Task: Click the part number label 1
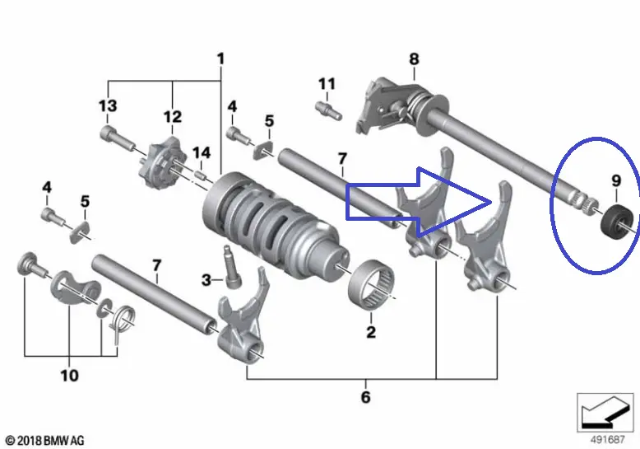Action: coord(220,58)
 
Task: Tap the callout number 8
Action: coord(414,58)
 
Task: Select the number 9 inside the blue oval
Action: coord(615,180)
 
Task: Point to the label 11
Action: coord(327,84)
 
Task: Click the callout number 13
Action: coord(108,105)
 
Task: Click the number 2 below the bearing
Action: coord(370,333)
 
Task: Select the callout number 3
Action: coord(206,280)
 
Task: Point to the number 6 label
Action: coord(365,397)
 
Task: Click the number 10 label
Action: coord(69,376)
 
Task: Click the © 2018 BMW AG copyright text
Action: coord(44,441)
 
